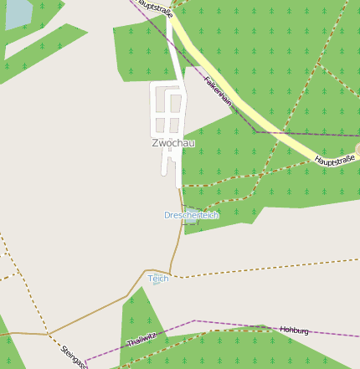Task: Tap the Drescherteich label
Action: click(x=191, y=215)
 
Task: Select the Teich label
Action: click(x=158, y=278)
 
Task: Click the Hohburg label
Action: click(x=295, y=331)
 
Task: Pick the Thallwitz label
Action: click(x=141, y=340)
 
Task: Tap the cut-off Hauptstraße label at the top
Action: click(x=155, y=6)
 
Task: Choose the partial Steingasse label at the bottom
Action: click(x=74, y=356)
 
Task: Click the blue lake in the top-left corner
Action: click(x=16, y=14)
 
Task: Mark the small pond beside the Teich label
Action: click(x=156, y=284)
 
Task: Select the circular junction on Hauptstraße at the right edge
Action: click(x=357, y=150)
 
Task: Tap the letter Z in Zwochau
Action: click(x=156, y=143)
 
